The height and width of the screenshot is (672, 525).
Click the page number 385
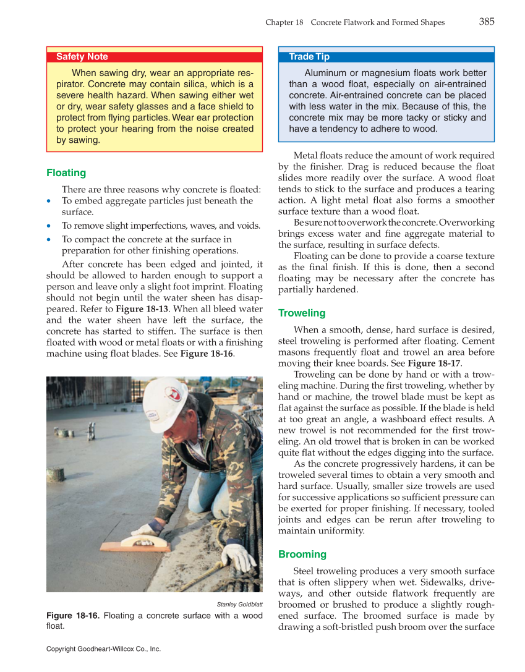487,22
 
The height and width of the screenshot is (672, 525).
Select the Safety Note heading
82,57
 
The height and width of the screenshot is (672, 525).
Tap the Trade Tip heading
309,57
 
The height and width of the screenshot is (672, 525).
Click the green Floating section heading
66,173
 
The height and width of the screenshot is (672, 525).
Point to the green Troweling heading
302,313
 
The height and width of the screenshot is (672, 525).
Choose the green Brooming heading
302,555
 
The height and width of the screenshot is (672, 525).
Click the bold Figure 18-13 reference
140,309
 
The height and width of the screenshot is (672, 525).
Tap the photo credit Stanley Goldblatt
239,603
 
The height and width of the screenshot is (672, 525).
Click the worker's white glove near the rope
238,556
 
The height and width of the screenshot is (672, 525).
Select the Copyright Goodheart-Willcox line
103,649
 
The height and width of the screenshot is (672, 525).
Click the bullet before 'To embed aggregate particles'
49,202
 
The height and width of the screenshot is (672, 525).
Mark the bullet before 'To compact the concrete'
49,240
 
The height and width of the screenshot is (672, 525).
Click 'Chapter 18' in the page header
284,22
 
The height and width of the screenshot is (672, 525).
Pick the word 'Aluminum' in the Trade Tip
326,73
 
